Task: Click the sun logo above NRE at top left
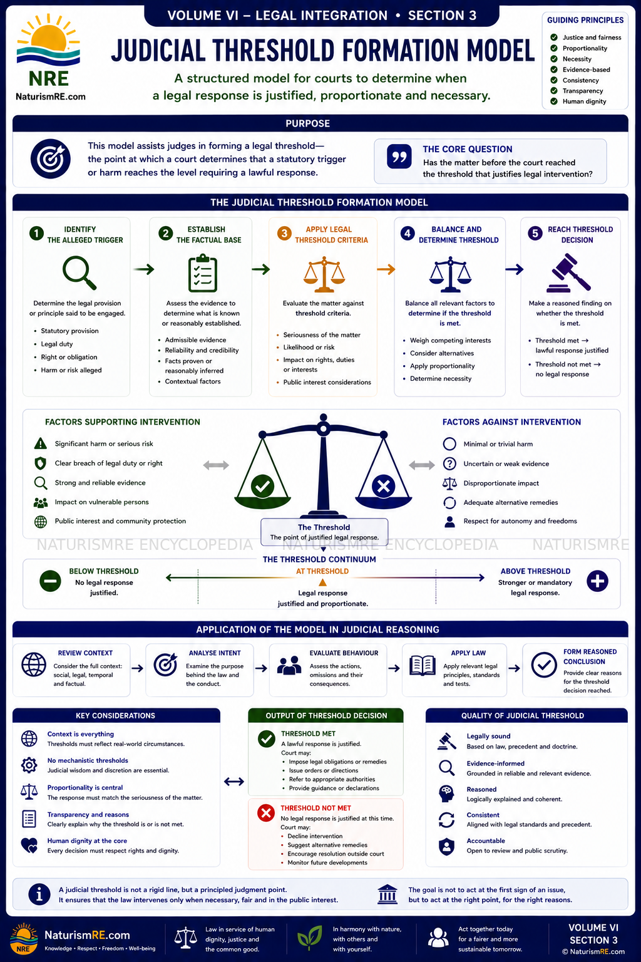coord(48,39)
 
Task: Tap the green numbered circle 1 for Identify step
coord(36,233)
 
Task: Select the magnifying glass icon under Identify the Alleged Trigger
coord(79,272)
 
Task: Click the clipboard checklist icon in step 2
coord(203,273)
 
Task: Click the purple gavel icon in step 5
coord(569,272)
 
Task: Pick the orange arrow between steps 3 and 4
coord(386,269)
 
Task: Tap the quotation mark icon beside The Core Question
coord(399,157)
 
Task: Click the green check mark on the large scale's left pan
coord(262,486)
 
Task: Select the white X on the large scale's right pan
coord(383,486)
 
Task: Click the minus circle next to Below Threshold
coord(50,581)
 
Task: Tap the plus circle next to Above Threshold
coord(597,581)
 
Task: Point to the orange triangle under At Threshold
coord(323,582)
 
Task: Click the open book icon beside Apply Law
coord(423,666)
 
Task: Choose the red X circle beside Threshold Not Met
coord(266,813)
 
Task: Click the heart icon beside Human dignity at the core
coord(29,846)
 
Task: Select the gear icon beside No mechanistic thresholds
coord(29,765)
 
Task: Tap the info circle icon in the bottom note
coord(39,894)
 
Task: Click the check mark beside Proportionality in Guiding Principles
coord(554,48)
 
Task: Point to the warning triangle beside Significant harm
coord(40,443)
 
